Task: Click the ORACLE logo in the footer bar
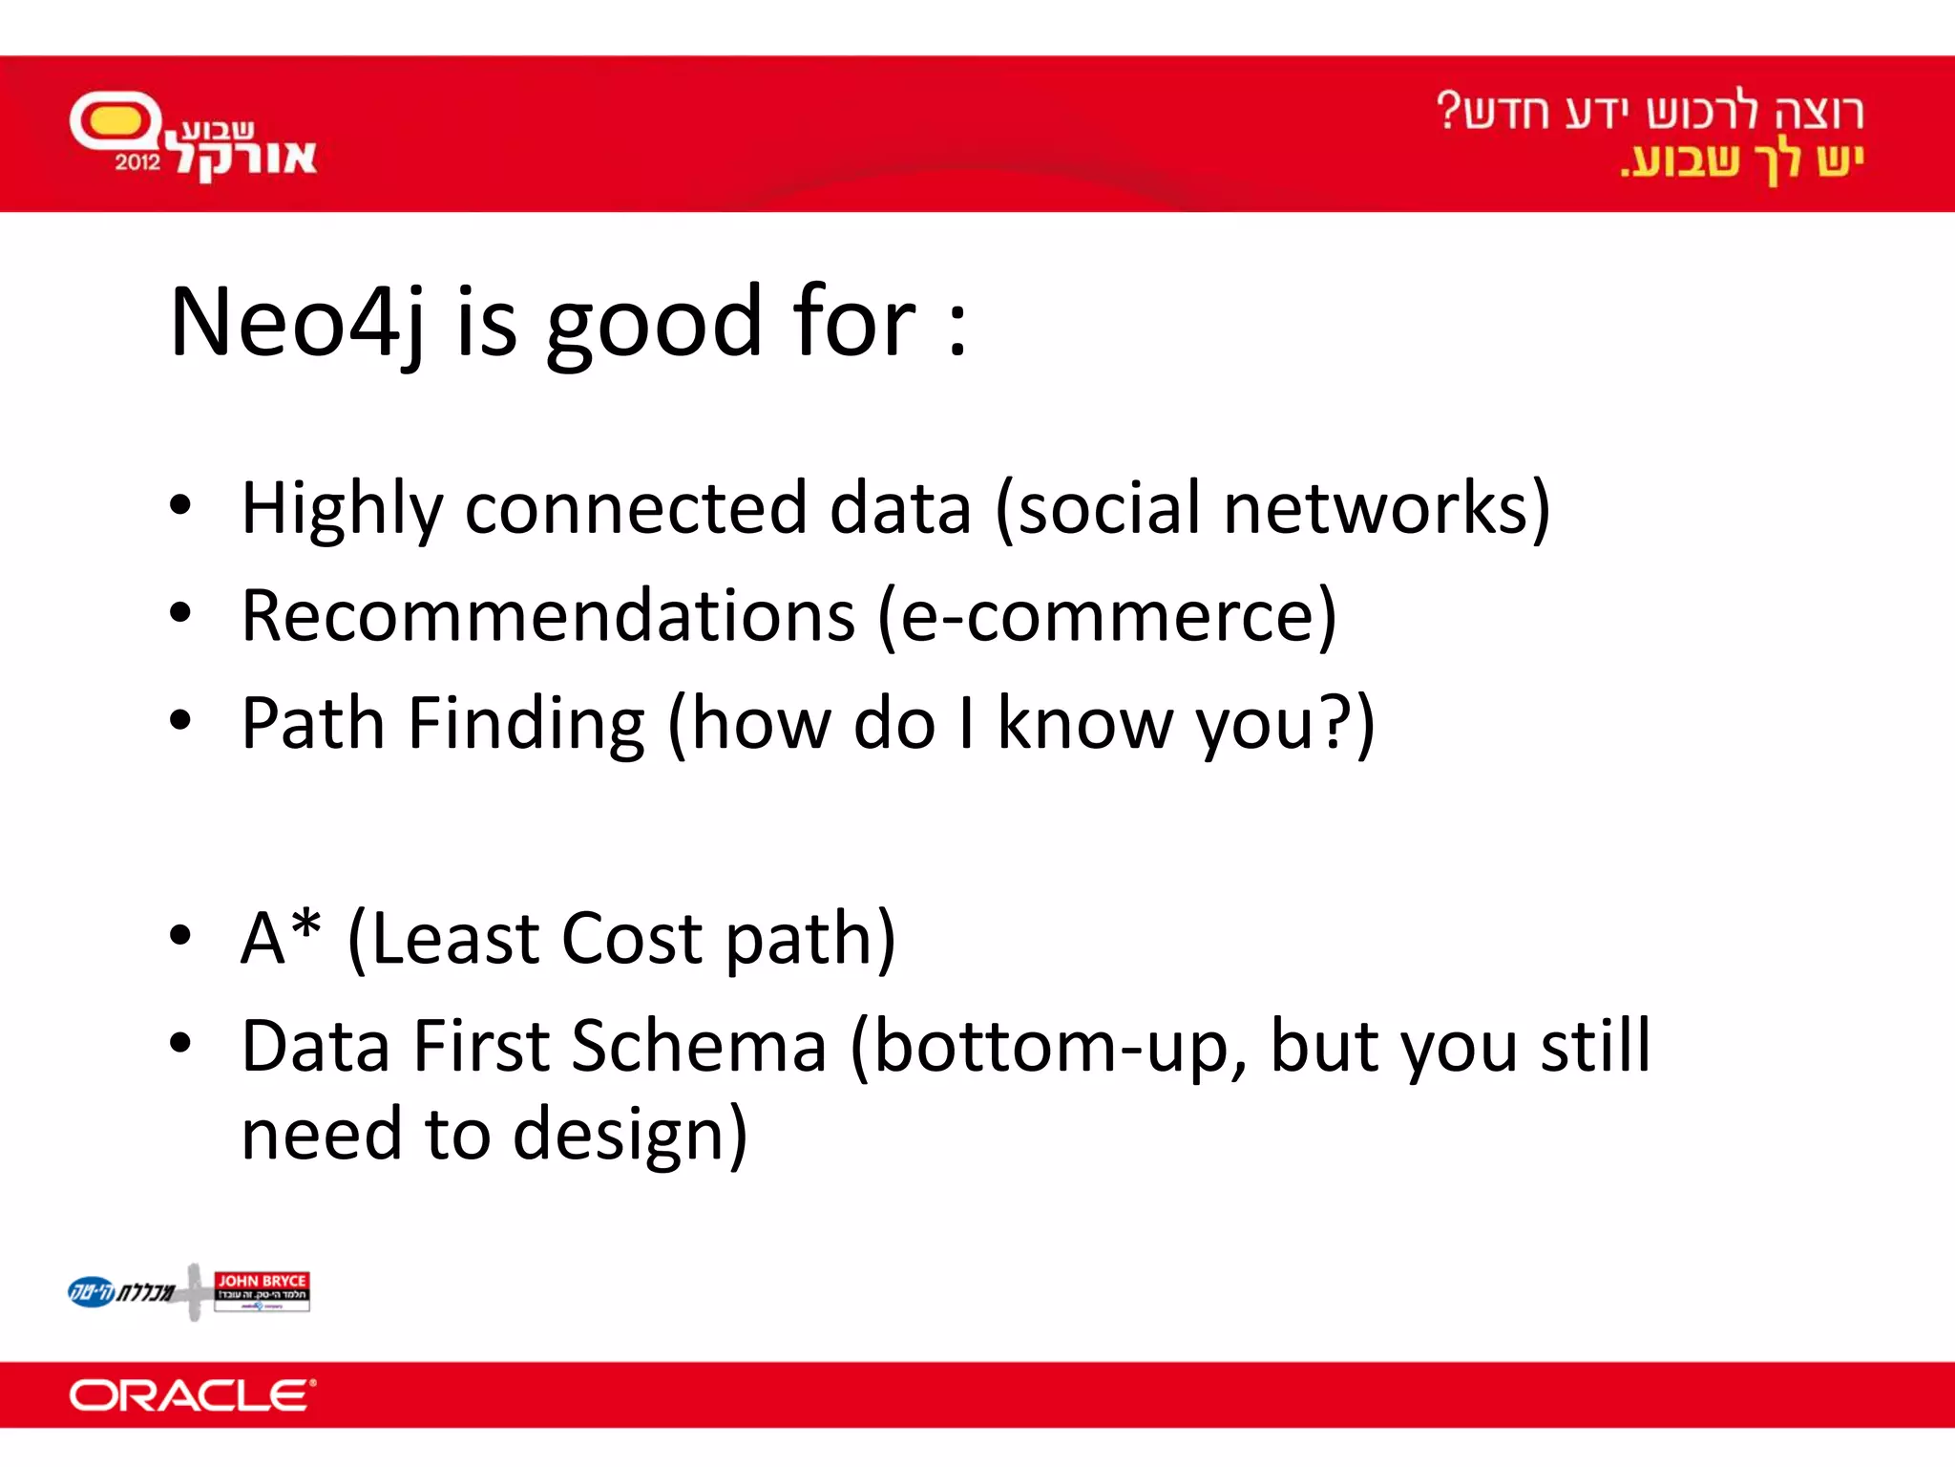pyautogui.click(x=192, y=1395)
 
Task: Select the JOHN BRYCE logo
pyautogui.click(x=262, y=1291)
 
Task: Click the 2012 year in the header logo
pyautogui.click(x=138, y=162)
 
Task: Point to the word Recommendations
pyautogui.click(x=548, y=616)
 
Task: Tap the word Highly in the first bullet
pyautogui.click(x=342, y=509)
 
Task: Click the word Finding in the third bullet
pyautogui.click(x=526, y=723)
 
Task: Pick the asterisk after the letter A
pyautogui.click(x=305, y=925)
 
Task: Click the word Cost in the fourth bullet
pyautogui.click(x=632, y=938)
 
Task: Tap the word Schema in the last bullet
pyautogui.click(x=699, y=1047)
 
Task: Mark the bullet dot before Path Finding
pyautogui.click(x=179, y=721)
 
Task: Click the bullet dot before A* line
pyautogui.click(x=179, y=936)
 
